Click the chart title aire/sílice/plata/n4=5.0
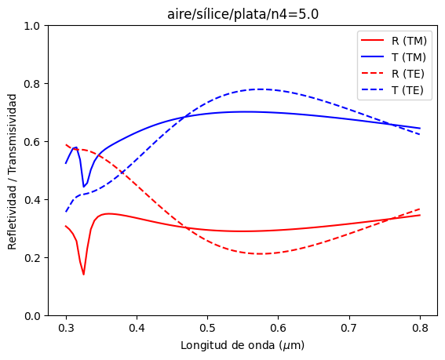pyautogui.click(x=243, y=14)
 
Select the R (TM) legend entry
pyautogui.click(x=394, y=41)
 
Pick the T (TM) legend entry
pyautogui.click(x=393, y=57)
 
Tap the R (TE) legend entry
pyautogui.click(x=392, y=74)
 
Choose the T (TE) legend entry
pyautogui.click(x=392, y=90)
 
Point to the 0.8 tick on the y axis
pyautogui.click(x=32, y=84)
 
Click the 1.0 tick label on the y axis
pyautogui.click(x=32, y=26)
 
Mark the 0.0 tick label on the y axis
pyautogui.click(x=32, y=316)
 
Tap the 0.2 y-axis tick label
pyautogui.click(x=32, y=258)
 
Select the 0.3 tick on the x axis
pyautogui.click(x=66, y=328)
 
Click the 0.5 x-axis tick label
pyautogui.click(x=207, y=328)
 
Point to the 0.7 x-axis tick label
pyautogui.click(x=349, y=328)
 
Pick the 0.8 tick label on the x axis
pyautogui.click(x=420, y=328)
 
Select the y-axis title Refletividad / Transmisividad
pyautogui.click(x=12, y=172)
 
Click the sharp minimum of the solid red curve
pyautogui.click(x=83, y=275)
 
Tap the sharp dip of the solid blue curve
pyautogui.click(x=83, y=187)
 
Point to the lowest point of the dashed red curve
pyautogui.click(x=260, y=253)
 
